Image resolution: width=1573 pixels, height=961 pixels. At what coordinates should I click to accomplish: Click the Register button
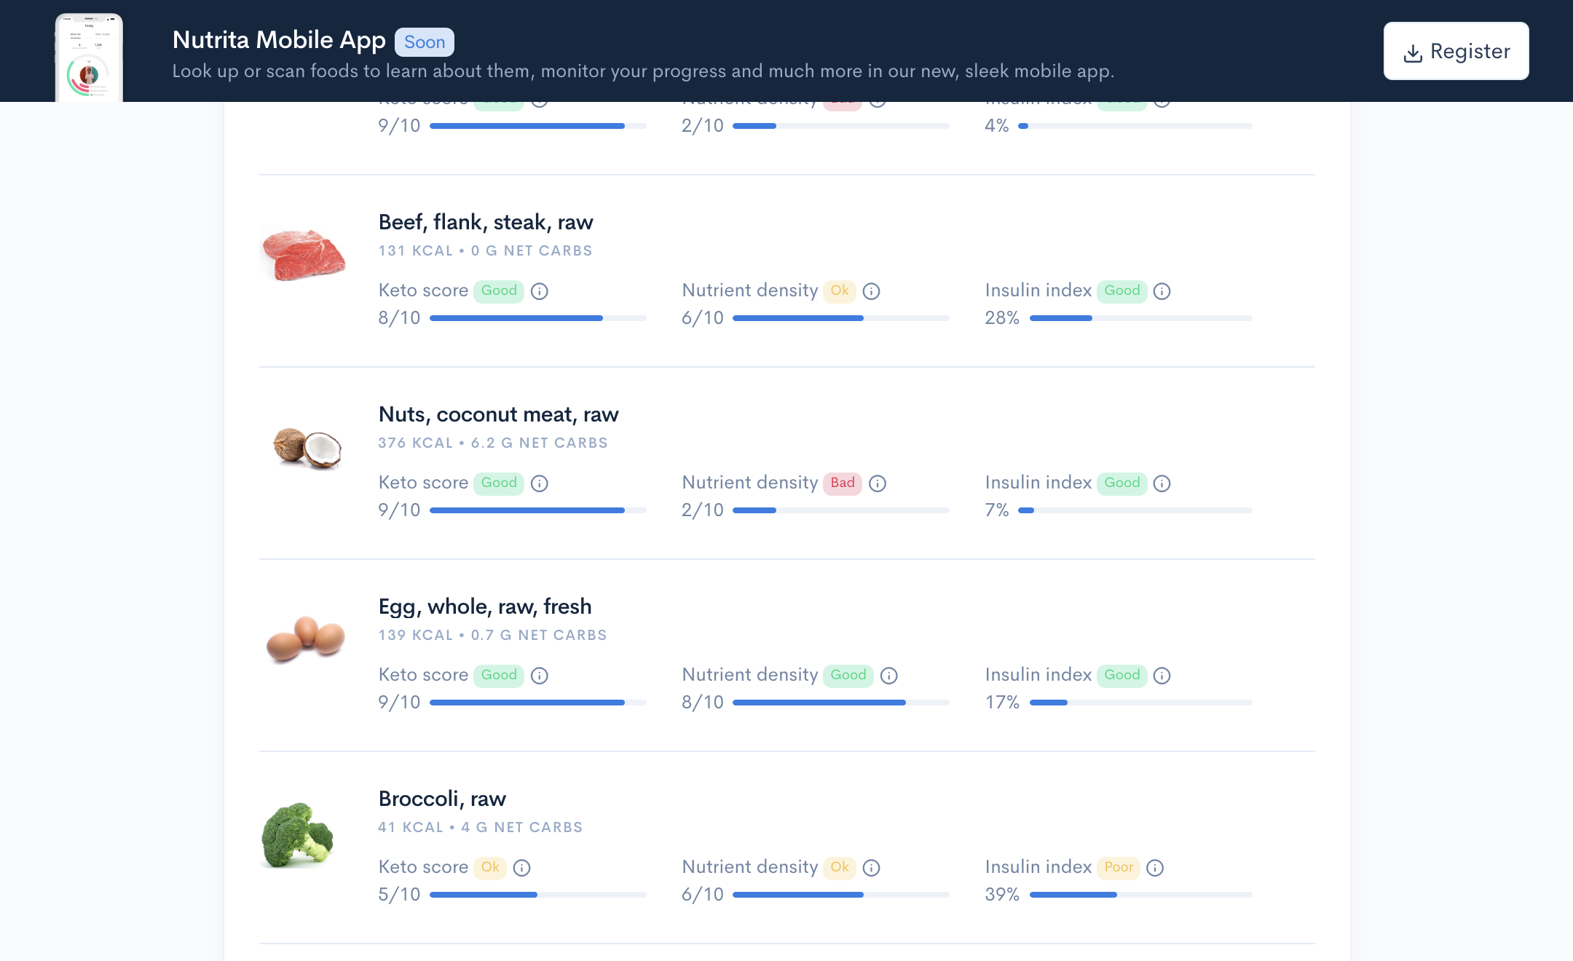pos(1456,51)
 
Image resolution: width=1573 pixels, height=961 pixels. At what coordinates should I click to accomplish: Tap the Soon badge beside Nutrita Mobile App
pos(424,42)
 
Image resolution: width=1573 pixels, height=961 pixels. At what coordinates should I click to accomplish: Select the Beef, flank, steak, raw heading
pos(486,222)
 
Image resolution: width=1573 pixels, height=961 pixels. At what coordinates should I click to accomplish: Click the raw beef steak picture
pos(304,254)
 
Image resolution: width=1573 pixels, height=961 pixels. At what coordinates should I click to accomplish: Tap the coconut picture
pos(307,448)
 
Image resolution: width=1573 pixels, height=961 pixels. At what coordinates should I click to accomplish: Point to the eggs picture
pos(306,638)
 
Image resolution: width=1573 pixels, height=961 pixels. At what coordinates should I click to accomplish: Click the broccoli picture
pos(297,835)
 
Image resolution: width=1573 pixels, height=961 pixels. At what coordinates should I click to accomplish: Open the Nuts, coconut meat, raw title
pos(498,414)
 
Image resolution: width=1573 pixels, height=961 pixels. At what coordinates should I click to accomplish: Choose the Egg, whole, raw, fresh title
pos(485,606)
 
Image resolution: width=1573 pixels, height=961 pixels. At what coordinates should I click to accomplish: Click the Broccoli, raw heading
pos(442,799)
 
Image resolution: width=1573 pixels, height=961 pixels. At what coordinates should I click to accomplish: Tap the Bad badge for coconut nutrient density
pos(843,483)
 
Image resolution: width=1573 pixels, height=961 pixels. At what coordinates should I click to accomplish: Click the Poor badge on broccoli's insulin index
pos(1119,867)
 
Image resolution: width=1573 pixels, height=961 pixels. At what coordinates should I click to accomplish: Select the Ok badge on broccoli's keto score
pos(490,867)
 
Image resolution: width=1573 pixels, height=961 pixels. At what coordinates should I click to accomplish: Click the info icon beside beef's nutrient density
pos(872,291)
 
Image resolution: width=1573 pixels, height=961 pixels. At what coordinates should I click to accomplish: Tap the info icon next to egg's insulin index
pos(1162,676)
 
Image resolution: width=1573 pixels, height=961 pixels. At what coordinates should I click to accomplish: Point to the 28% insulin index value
pos(1002,318)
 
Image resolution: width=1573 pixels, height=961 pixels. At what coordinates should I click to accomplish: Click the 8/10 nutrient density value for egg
pos(703,703)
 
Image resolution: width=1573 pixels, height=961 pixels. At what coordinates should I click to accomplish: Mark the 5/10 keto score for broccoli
pos(399,895)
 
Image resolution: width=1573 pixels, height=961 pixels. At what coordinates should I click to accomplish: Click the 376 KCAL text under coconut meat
pos(415,443)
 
